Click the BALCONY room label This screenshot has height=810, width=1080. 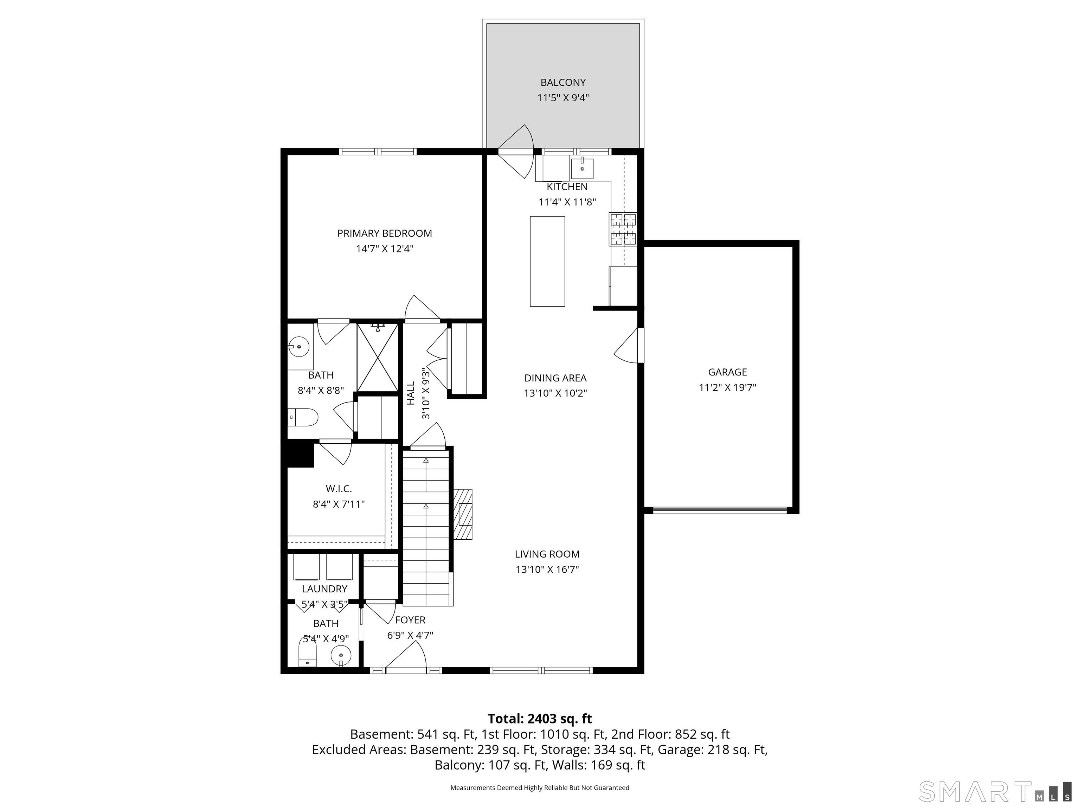[563, 83]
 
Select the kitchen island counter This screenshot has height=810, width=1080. [547, 261]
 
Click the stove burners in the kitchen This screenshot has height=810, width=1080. [623, 229]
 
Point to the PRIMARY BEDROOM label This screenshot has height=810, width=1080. [385, 233]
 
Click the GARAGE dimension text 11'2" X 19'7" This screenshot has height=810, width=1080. [727, 388]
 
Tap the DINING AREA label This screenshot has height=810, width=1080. [555, 378]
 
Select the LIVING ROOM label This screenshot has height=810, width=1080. [547, 554]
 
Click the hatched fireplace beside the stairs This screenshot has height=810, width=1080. [463, 514]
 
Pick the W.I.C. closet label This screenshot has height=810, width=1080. [339, 489]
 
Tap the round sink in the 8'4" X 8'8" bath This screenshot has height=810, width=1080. [299, 347]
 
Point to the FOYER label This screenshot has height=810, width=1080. [410, 620]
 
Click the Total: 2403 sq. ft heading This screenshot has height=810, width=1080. [540, 719]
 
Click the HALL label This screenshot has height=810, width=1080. [411, 393]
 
